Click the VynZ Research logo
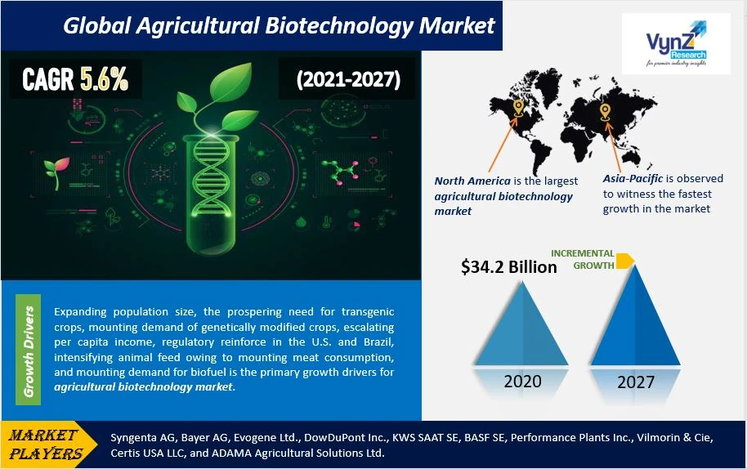click(676, 44)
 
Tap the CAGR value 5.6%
click(105, 78)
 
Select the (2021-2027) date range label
click(348, 79)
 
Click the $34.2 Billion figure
click(509, 266)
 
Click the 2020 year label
click(522, 382)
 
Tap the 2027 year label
click(636, 382)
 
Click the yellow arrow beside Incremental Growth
click(625, 261)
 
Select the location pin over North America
click(518, 108)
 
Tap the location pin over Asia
click(605, 112)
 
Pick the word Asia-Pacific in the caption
click(633, 179)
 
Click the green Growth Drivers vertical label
click(28, 350)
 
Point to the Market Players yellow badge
click(48, 444)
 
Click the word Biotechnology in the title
click(338, 25)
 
